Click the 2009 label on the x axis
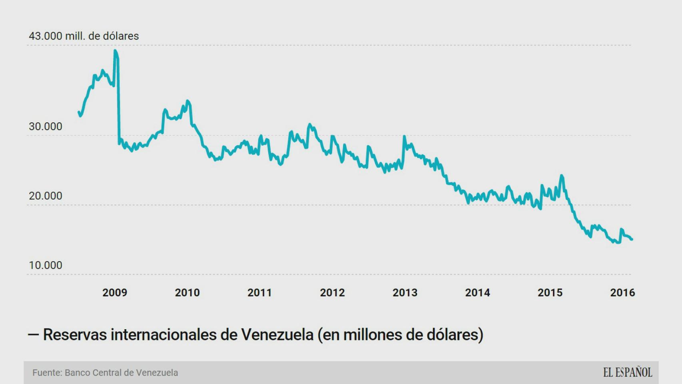coord(114,293)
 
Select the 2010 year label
coord(187,293)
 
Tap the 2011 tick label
coord(259,293)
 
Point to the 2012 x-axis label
coord(332,293)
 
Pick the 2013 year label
coord(405,293)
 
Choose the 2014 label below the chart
coord(477,293)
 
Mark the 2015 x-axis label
coord(550,293)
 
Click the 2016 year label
coord(622,293)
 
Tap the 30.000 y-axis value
coord(46,127)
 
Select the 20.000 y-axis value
coord(46,196)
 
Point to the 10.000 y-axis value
coord(46,265)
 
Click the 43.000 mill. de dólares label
coord(84,36)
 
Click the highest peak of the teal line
coord(115,51)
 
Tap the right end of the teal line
coord(632,239)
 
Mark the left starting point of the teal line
coord(78,112)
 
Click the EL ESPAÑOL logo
coord(627,372)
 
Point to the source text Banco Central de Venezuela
coord(121,373)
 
